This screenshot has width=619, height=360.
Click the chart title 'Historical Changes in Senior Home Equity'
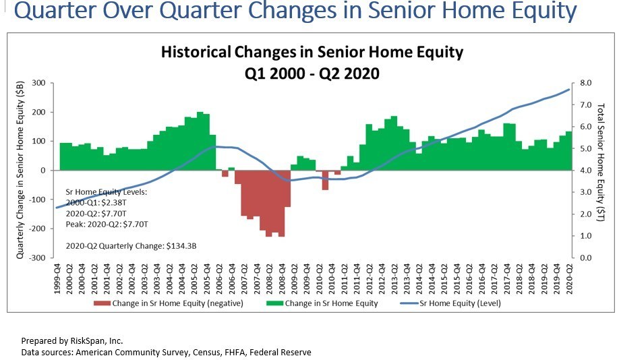pos(312,52)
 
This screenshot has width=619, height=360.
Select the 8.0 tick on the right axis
pos(585,83)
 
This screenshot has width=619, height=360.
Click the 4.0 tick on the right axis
pos(585,171)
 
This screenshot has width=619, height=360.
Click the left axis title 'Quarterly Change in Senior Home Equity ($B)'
pos(20,170)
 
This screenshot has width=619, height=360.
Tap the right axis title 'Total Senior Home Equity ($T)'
pos(601,170)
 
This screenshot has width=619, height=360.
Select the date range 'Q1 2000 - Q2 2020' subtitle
pos(312,73)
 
